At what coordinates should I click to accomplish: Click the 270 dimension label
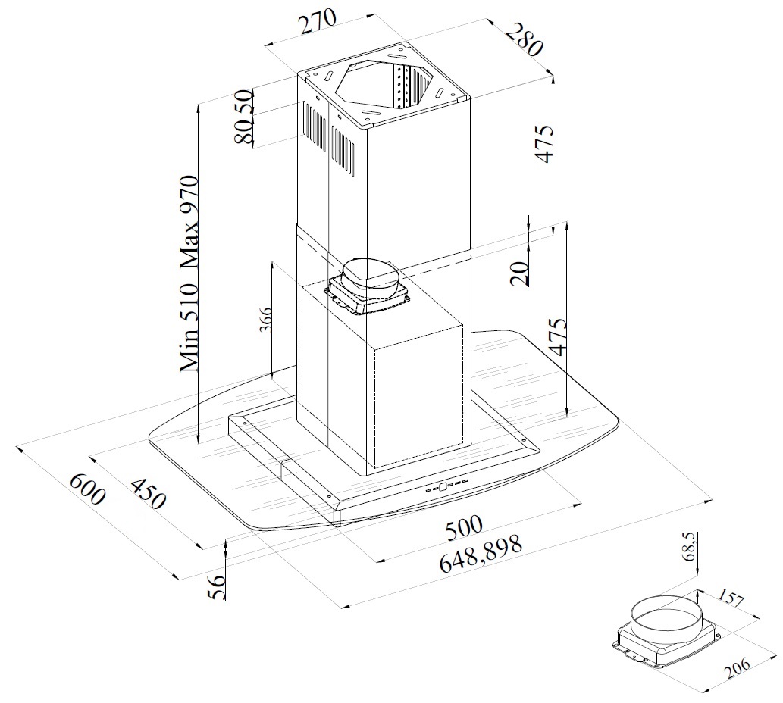[318, 22]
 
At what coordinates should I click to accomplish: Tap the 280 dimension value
[524, 39]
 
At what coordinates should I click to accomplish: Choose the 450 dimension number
[148, 493]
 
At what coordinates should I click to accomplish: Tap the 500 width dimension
[465, 528]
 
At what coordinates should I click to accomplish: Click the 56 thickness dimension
[217, 587]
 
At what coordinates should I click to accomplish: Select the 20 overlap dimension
[520, 273]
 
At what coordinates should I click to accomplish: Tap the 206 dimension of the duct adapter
[738, 668]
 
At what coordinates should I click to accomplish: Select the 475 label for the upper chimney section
[544, 143]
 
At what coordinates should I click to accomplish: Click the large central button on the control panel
[443, 486]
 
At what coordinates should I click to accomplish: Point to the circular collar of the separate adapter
[662, 620]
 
